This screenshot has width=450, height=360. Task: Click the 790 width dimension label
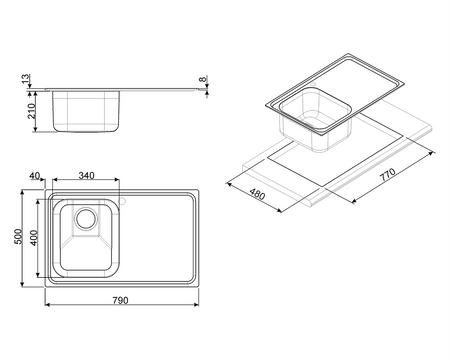click(x=120, y=300)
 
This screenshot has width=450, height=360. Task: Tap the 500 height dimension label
click(x=19, y=236)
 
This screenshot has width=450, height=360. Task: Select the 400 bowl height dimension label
click(x=33, y=238)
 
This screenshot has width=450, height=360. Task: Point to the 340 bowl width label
click(x=86, y=175)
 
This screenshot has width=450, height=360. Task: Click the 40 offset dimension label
click(x=35, y=175)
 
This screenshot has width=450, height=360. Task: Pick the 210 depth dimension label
click(x=31, y=111)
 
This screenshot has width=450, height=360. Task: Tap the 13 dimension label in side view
click(x=26, y=79)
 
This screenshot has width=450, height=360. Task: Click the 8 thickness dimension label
click(x=202, y=79)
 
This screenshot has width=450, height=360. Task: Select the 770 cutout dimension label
click(x=388, y=175)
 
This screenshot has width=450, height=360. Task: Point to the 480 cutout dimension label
click(x=257, y=194)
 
